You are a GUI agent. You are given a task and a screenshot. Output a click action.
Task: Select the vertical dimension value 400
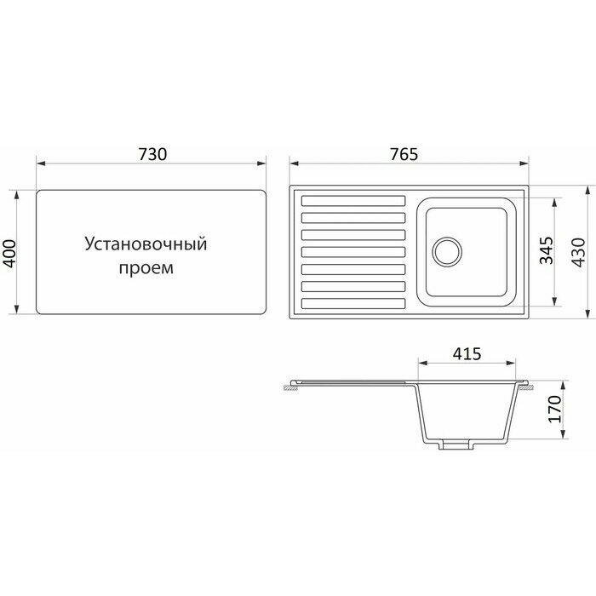coord(11,252)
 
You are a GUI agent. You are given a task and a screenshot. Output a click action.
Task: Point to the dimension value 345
coord(548,252)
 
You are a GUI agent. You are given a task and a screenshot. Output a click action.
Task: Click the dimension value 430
coord(580,252)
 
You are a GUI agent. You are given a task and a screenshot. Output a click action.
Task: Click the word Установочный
coord(146,244)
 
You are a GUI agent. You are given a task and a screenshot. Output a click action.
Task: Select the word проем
coord(146,269)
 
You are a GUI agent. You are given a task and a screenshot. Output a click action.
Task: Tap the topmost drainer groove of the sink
coord(353,202)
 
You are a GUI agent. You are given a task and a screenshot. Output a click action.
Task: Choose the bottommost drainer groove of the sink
coord(353,302)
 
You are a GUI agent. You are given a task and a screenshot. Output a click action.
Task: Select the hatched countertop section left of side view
coord(289,387)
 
